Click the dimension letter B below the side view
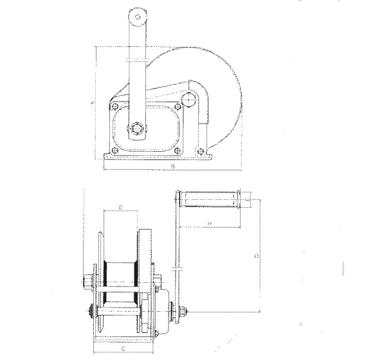[x=173, y=168]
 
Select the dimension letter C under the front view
[x=123, y=346]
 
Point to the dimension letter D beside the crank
[x=257, y=256]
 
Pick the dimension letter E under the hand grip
[x=209, y=222]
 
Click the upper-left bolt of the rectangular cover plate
[x=115, y=107]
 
